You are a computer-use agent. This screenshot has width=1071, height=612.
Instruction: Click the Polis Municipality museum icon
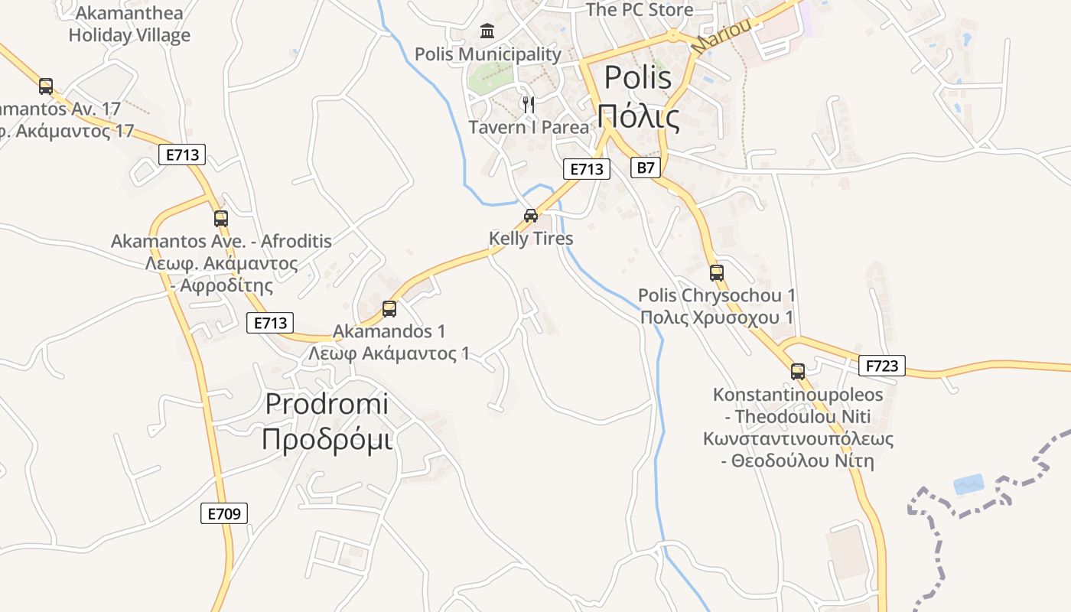pyautogui.click(x=487, y=31)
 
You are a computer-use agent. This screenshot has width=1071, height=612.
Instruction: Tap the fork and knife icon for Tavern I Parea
pyautogui.click(x=528, y=104)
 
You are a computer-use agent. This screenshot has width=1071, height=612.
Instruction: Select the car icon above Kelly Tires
pyautogui.click(x=531, y=215)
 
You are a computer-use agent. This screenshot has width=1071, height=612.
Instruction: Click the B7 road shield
pyautogui.click(x=646, y=168)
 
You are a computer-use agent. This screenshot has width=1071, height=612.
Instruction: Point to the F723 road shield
pyautogui.click(x=882, y=366)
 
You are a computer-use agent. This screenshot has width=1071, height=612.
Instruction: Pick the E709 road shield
pyautogui.click(x=225, y=513)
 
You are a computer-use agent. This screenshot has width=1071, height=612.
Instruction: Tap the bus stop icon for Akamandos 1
pyautogui.click(x=389, y=309)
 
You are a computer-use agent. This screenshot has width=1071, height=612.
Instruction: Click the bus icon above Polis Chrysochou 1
pyautogui.click(x=717, y=272)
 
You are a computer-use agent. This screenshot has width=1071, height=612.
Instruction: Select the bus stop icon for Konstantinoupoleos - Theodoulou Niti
pyautogui.click(x=798, y=372)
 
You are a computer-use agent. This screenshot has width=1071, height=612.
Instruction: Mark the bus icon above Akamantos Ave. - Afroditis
pyautogui.click(x=221, y=219)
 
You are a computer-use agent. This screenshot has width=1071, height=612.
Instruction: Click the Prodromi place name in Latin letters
pyautogui.click(x=327, y=404)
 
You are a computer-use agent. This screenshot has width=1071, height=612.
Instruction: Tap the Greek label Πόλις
pyautogui.click(x=639, y=117)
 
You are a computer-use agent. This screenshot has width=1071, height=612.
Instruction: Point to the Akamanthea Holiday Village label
pyautogui.click(x=129, y=24)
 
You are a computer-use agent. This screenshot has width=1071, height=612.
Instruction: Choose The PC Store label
pyautogui.click(x=639, y=10)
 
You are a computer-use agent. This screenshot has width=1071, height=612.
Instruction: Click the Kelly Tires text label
pyautogui.click(x=531, y=239)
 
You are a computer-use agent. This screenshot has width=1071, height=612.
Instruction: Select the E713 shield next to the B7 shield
pyautogui.click(x=587, y=169)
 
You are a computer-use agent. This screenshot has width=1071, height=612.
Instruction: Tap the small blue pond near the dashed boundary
pyautogui.click(x=968, y=484)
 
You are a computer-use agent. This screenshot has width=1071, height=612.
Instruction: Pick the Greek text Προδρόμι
pyautogui.click(x=327, y=439)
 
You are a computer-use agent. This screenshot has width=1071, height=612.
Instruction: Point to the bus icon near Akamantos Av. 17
pyautogui.click(x=46, y=86)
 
